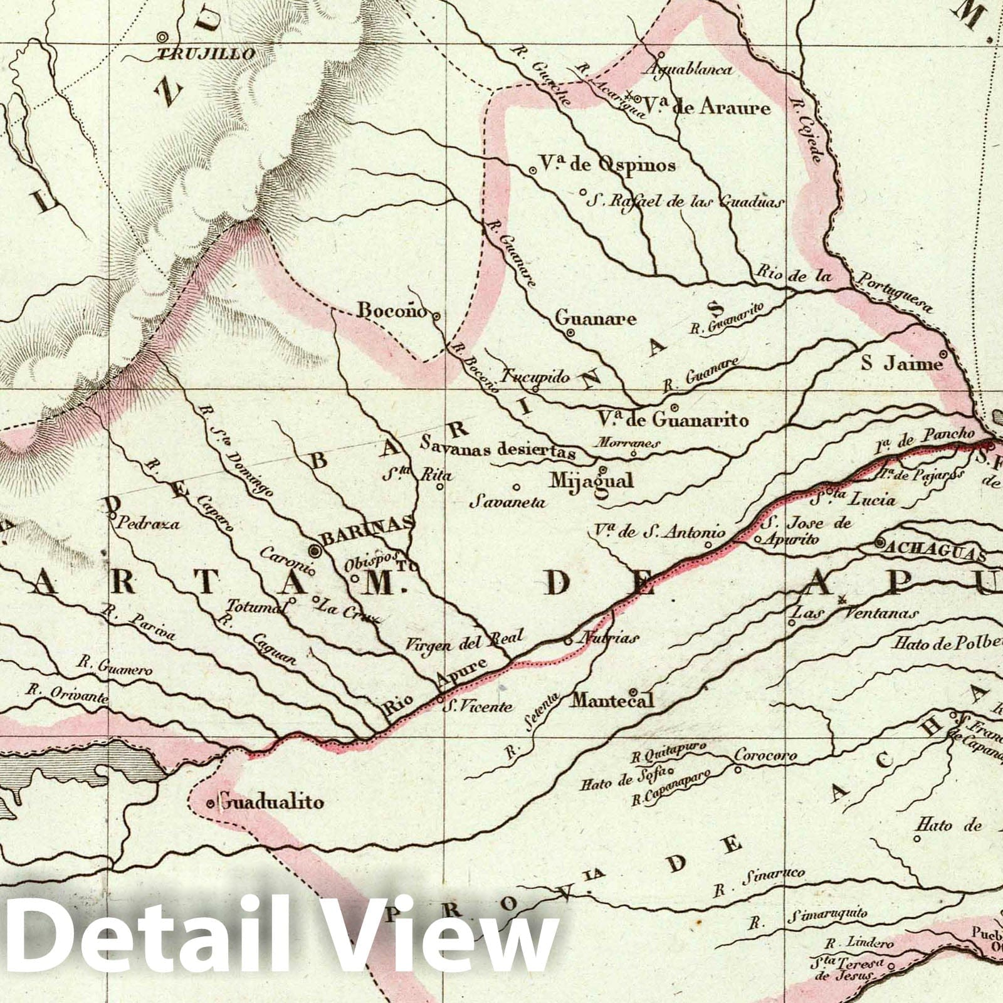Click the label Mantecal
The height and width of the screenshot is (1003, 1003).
pyautogui.click(x=612, y=700)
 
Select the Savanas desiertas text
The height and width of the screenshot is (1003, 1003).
pyautogui.click(x=498, y=450)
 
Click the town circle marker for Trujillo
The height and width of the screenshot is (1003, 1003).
pyautogui.click(x=162, y=37)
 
